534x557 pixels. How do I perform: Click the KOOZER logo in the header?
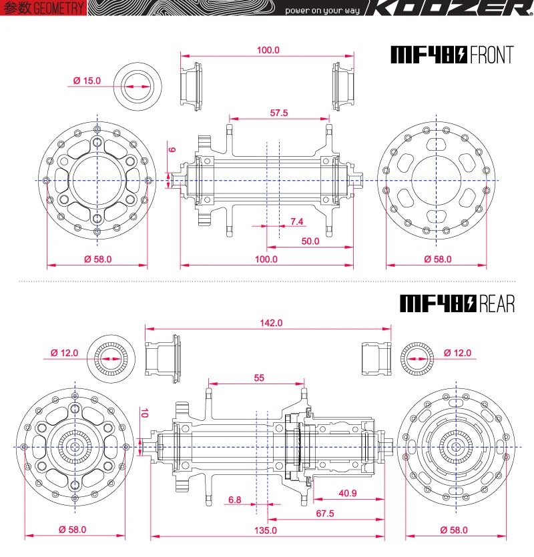click(449, 8)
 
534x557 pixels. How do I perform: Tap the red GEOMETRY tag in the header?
click(43, 8)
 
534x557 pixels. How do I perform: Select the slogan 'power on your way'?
click(322, 11)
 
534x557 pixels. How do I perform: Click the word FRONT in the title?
click(492, 55)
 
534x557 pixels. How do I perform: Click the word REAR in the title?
click(497, 304)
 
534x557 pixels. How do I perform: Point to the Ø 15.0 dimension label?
click(87, 81)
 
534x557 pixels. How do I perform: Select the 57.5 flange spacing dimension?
click(279, 113)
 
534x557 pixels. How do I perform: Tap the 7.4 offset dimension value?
click(296, 221)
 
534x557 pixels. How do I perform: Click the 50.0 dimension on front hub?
click(310, 241)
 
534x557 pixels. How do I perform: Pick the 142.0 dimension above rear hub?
click(271, 323)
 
